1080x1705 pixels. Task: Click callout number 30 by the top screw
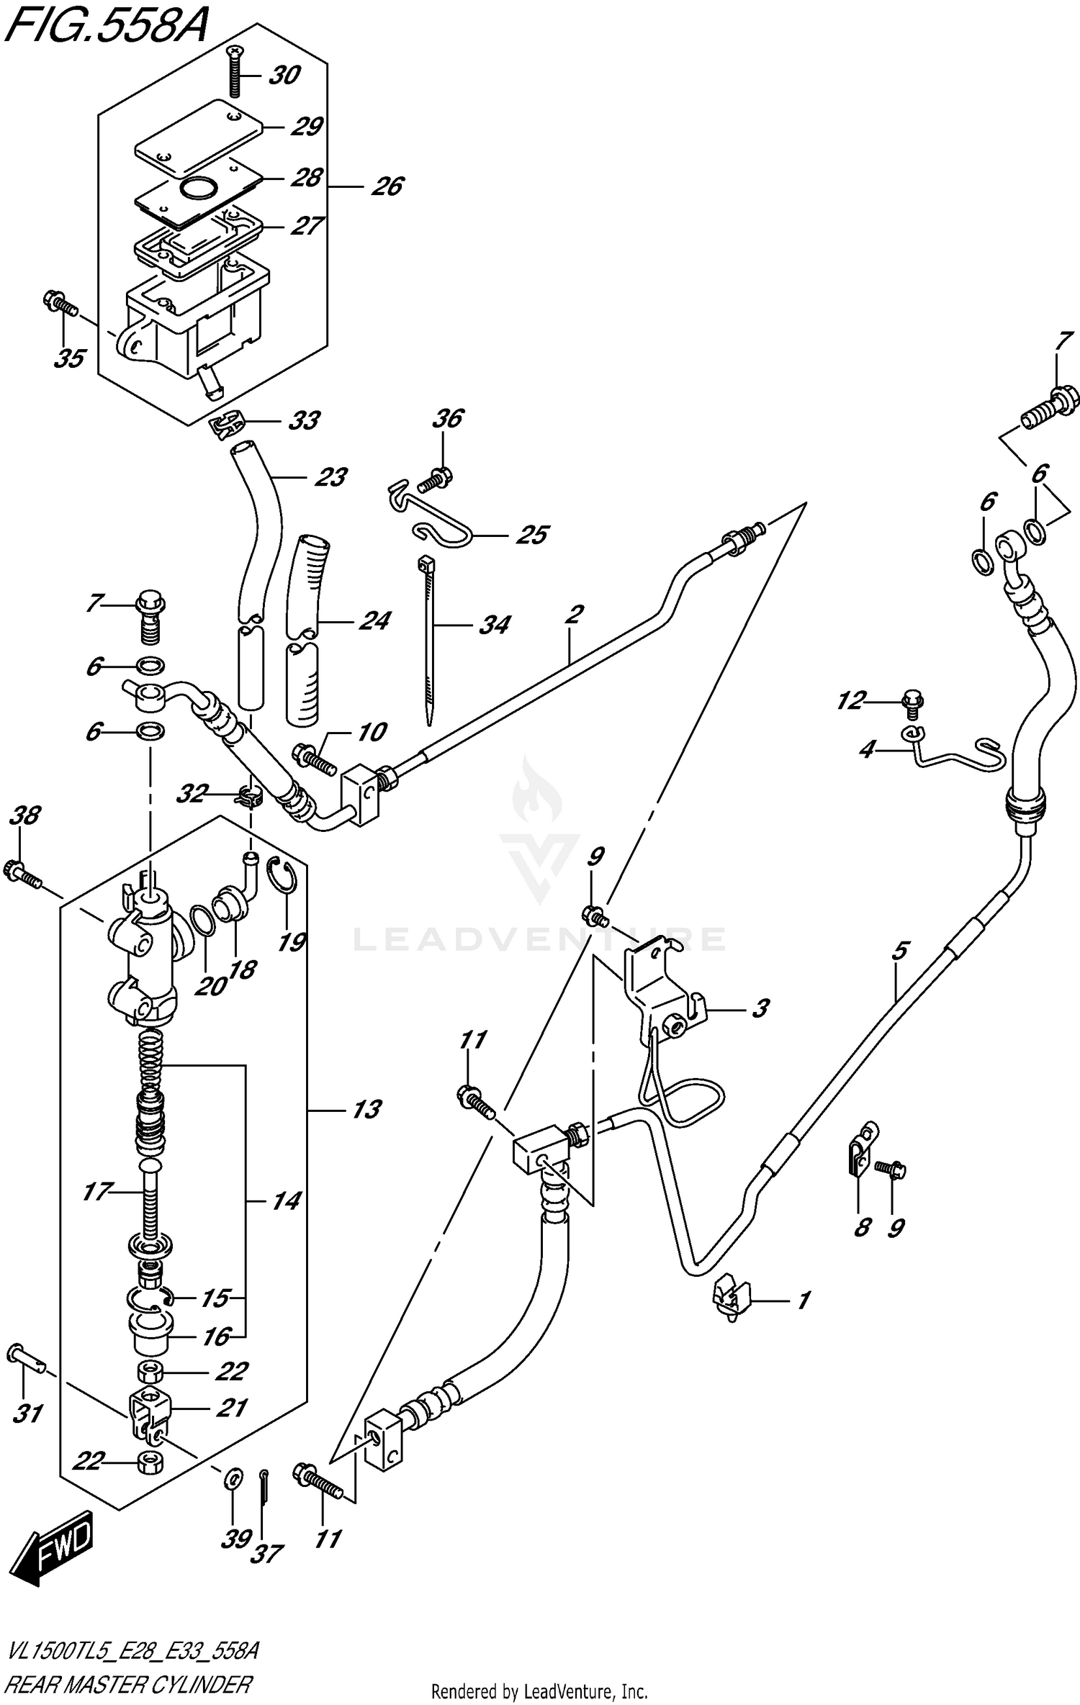click(x=284, y=75)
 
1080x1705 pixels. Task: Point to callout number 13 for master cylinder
click(x=366, y=1110)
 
